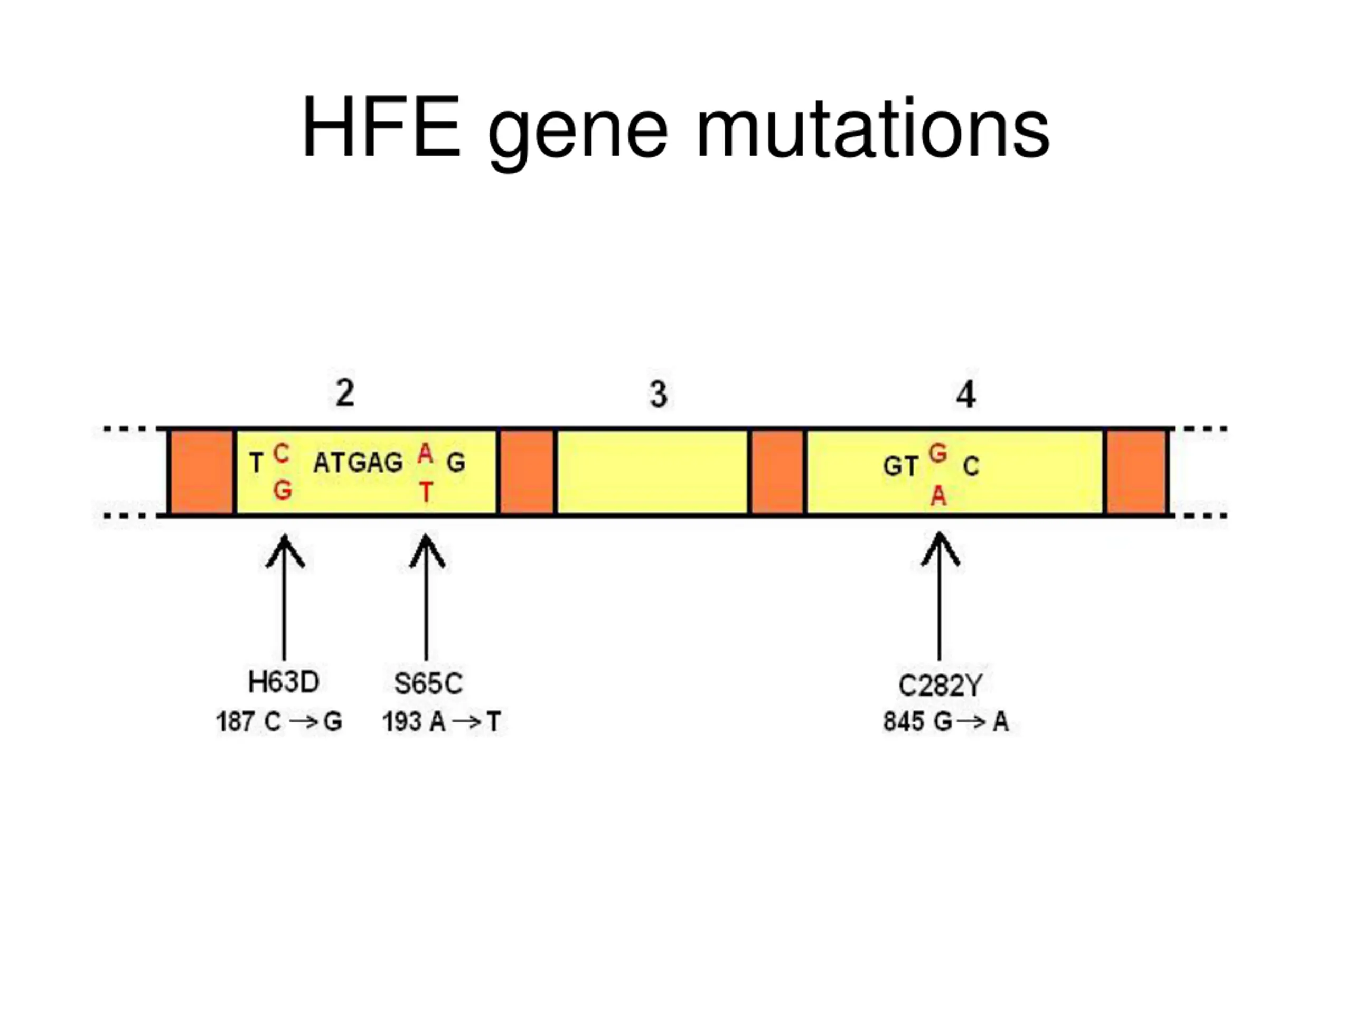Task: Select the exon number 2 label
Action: [x=345, y=393]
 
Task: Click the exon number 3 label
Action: [x=658, y=394]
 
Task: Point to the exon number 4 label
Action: [x=966, y=395]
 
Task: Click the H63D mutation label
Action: [x=284, y=682]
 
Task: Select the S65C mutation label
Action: [x=428, y=683]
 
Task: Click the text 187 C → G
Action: [x=279, y=722]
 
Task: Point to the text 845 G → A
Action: [x=945, y=722]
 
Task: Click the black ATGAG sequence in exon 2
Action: [x=358, y=463]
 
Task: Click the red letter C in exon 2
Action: [x=280, y=454]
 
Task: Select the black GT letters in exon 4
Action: [x=900, y=467]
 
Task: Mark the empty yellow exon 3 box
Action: [x=653, y=472]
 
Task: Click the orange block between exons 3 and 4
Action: [x=777, y=472]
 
